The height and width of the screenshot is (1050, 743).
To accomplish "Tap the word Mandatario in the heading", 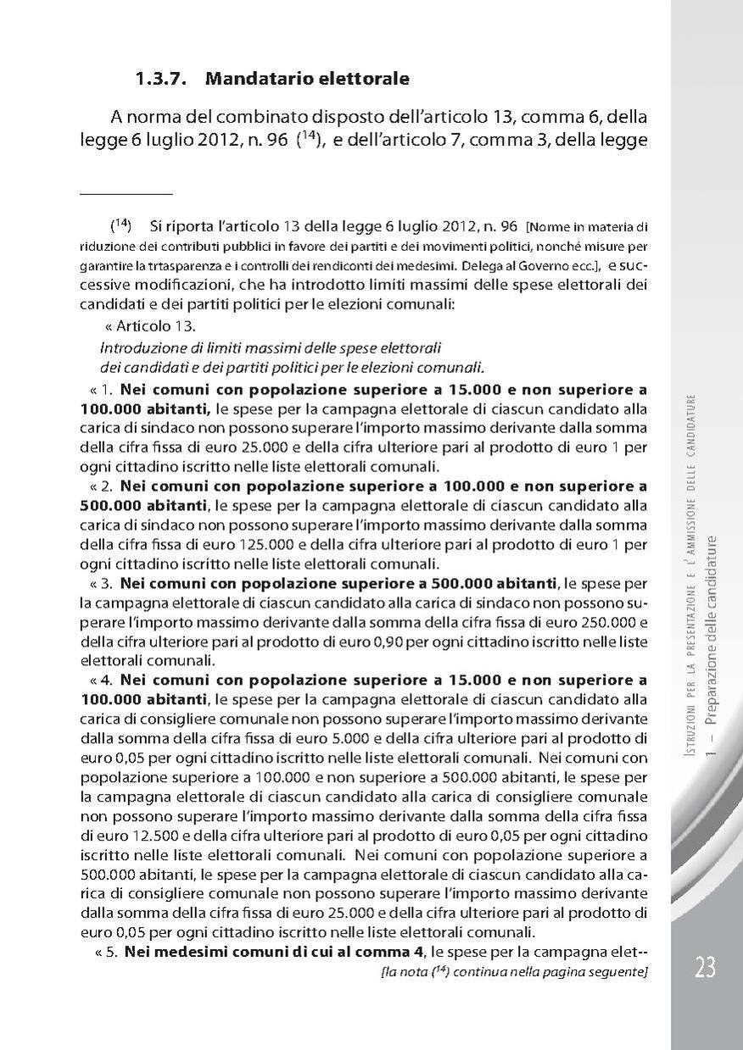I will tap(248, 81).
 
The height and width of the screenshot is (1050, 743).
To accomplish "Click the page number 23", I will tap(706, 967).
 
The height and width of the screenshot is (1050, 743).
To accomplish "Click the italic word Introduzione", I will tap(136, 348).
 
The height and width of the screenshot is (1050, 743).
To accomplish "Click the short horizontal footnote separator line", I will tap(126, 195).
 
